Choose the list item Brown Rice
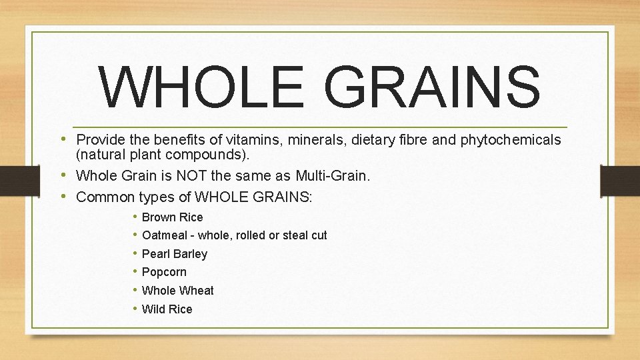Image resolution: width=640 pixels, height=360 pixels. (x=172, y=217)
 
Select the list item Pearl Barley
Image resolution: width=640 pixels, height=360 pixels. (x=175, y=254)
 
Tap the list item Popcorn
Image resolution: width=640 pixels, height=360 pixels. (x=164, y=272)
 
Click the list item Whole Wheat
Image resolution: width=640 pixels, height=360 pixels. (x=178, y=291)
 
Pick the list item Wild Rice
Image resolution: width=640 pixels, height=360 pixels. (x=167, y=309)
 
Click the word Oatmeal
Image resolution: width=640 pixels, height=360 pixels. (x=164, y=235)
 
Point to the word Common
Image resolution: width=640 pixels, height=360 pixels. (x=106, y=197)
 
